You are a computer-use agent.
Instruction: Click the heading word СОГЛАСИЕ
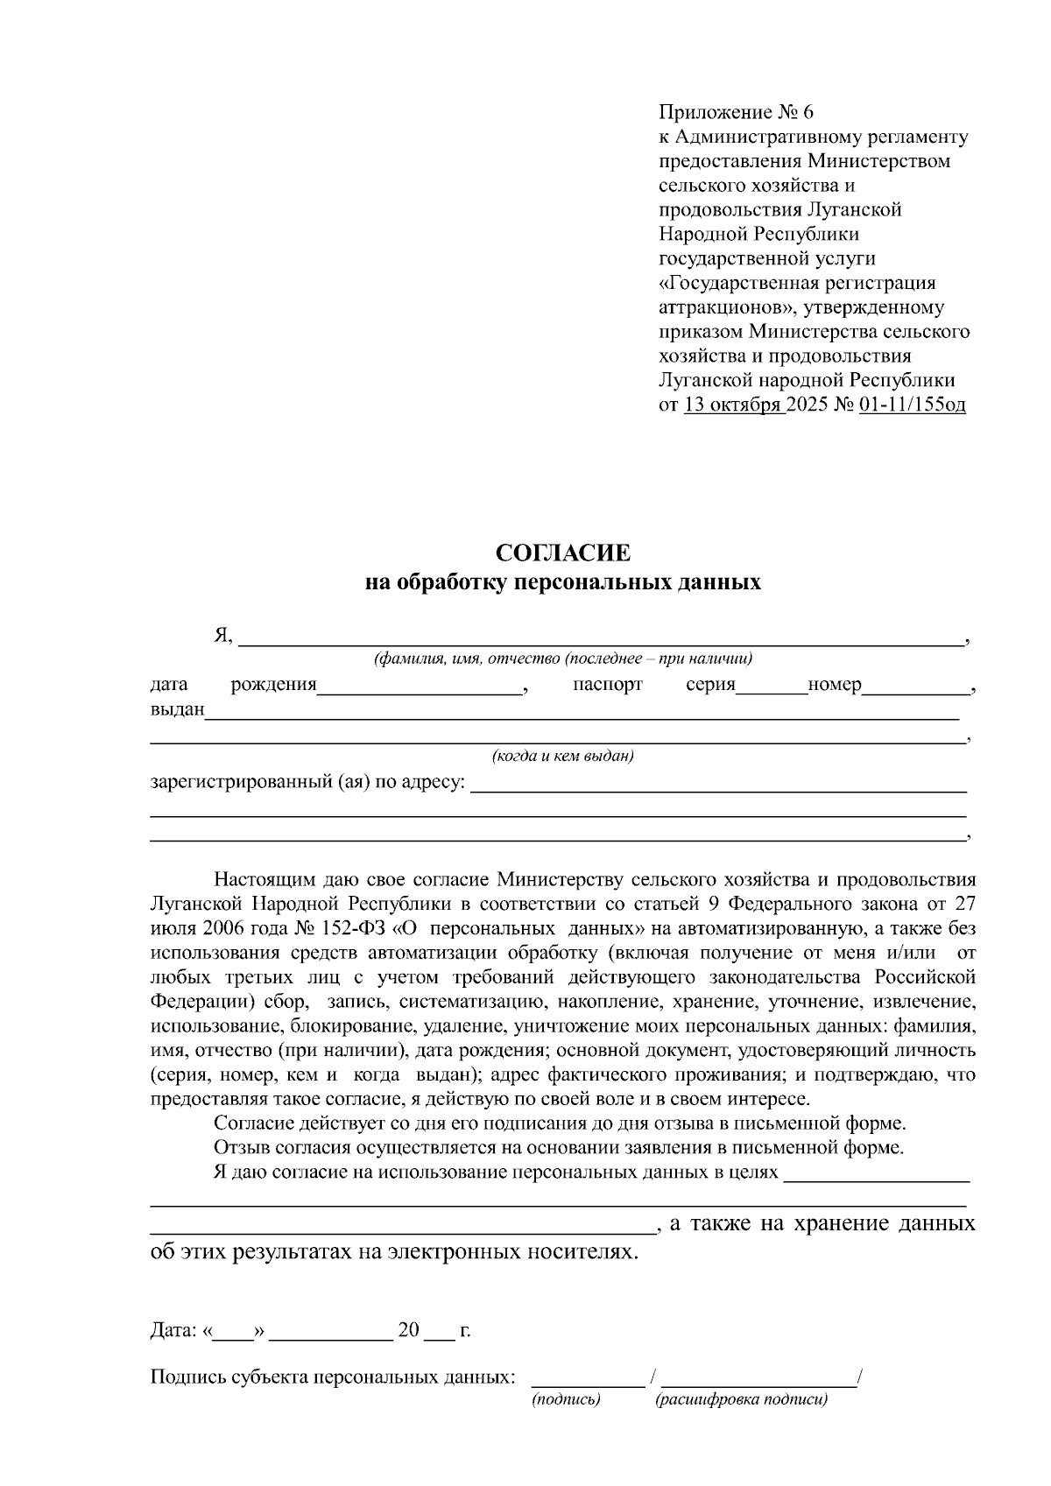pos(562,553)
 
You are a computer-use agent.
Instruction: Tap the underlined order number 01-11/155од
pos(913,405)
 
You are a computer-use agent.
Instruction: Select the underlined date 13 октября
pos(734,405)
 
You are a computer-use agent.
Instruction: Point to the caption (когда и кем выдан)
pos(562,756)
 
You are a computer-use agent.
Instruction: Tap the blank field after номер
pos(916,686)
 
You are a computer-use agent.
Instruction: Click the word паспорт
pos(608,685)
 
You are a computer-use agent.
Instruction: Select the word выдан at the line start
pos(177,709)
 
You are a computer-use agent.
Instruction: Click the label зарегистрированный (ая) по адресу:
pos(307,781)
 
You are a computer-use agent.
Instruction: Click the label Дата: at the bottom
pos(173,1331)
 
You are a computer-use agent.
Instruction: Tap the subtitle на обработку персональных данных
pos(562,582)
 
